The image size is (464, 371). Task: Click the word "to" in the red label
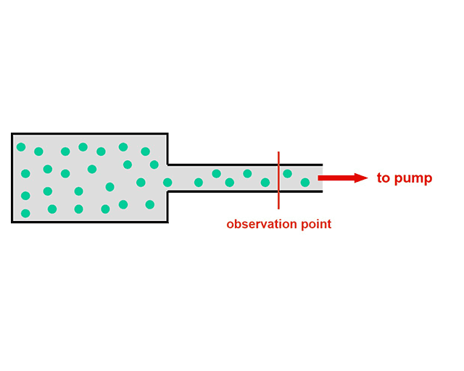coord(383,178)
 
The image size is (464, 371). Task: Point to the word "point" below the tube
coord(315,225)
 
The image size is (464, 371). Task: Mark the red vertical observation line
coord(278,196)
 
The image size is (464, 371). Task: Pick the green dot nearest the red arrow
coord(305,183)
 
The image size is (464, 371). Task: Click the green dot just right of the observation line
coord(288,174)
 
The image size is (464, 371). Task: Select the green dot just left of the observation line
coord(265,183)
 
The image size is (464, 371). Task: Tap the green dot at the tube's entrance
coord(167,183)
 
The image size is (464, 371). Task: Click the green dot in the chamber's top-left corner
coord(21,147)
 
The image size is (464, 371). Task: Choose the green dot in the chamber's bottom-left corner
coord(25,213)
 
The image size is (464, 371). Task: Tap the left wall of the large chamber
coord(12,178)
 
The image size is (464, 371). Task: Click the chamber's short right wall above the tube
coord(167,149)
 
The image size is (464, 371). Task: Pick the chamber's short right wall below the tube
coord(167,207)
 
